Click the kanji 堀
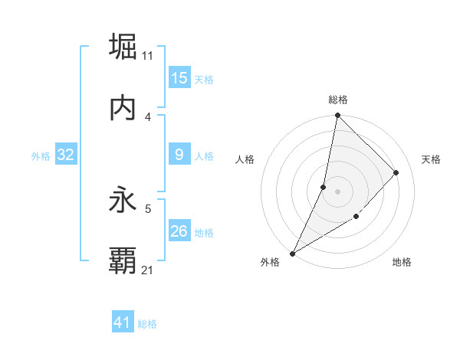point(123,47)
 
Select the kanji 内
point(123,108)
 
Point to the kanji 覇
point(123,261)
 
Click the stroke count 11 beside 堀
point(148,55)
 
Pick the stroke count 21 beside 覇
point(148,270)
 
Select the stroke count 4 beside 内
point(148,116)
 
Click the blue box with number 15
point(179,78)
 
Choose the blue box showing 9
point(179,155)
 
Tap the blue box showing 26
point(179,231)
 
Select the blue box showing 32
point(66,155)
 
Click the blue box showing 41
point(123,322)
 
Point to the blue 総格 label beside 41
point(147,324)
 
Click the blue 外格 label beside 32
point(41,156)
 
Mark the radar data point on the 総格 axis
point(337,116)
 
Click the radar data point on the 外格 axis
point(292,254)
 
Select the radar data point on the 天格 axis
point(396,172)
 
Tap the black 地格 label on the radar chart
point(402,263)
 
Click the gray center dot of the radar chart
point(337,191)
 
